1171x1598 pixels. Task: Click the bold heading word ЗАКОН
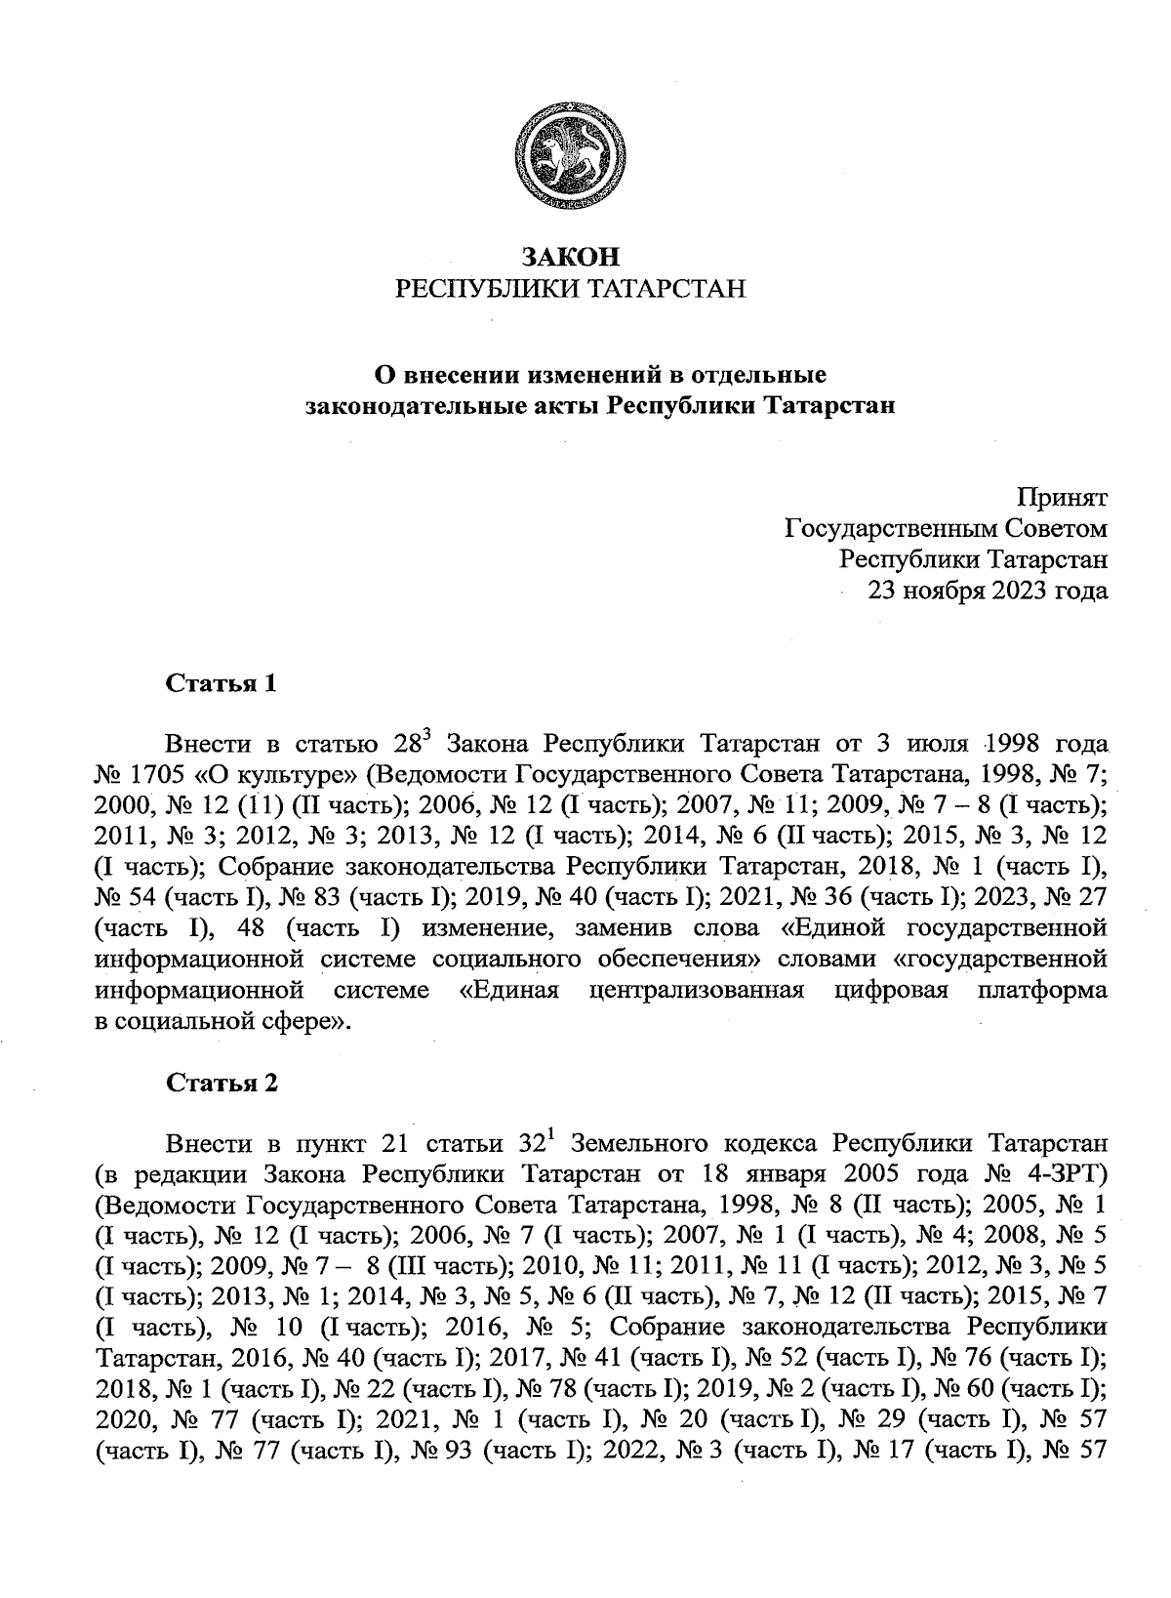click(571, 257)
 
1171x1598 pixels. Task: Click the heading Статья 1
click(222, 683)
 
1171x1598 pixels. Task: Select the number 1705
click(151, 775)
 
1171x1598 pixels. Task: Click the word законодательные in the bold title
click(403, 405)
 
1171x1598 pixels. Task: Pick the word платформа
click(1041, 990)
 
